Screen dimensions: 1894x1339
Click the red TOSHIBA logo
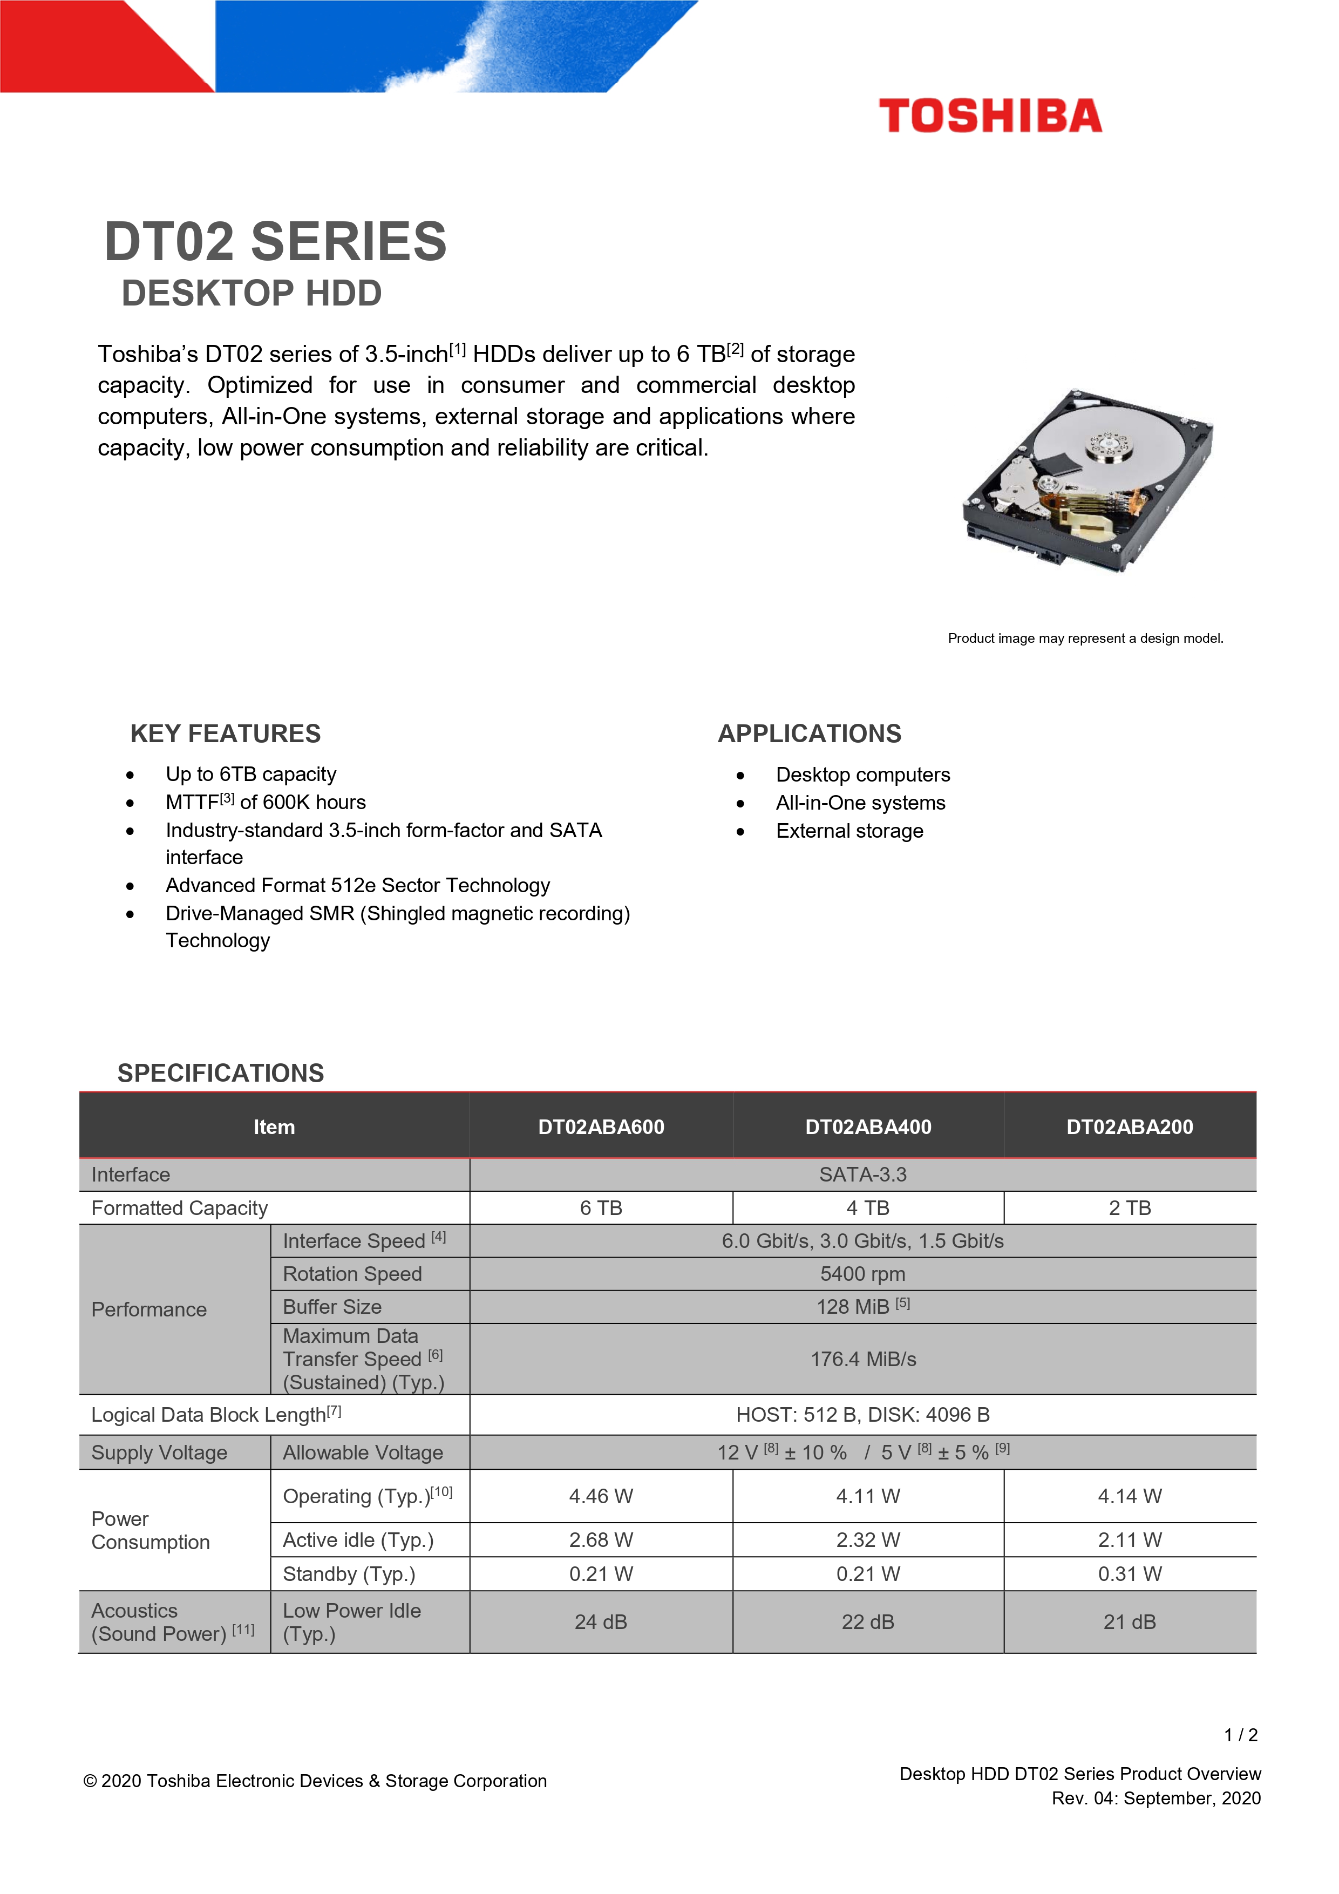pyautogui.click(x=989, y=116)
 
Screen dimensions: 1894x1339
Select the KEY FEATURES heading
pyautogui.click(x=225, y=734)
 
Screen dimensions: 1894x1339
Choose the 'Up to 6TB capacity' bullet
pyautogui.click(x=251, y=774)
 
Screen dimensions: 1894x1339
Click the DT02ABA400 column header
pyautogui.click(x=868, y=1127)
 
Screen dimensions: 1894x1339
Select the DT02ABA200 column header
pyautogui.click(x=1130, y=1127)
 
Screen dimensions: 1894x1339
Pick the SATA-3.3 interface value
pyautogui.click(x=862, y=1175)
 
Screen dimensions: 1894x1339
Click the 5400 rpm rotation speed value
pyautogui.click(x=862, y=1274)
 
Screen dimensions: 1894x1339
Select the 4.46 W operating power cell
pyautogui.click(x=601, y=1496)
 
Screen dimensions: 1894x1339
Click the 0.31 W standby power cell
pyautogui.click(x=1130, y=1574)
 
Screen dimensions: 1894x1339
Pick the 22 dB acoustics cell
pyautogui.click(x=868, y=1622)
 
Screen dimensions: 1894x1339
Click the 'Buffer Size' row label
pyautogui.click(x=332, y=1307)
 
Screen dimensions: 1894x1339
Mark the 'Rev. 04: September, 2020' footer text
pyautogui.click(x=1155, y=1798)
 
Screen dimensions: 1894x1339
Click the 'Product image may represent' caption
pyautogui.click(x=1085, y=639)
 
